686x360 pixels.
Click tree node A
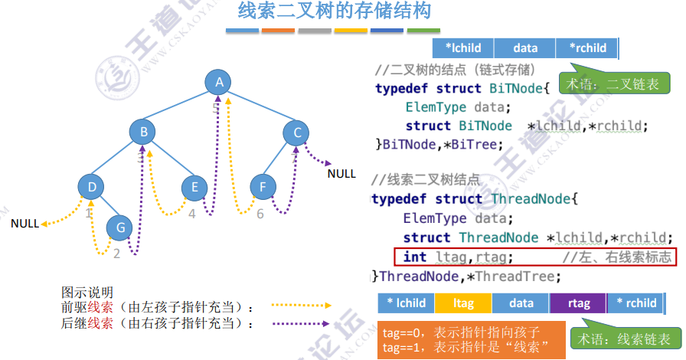tap(220, 83)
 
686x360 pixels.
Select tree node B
tap(143, 132)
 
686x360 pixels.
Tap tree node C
tap(297, 133)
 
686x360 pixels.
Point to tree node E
tap(195, 187)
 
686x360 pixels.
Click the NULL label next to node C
tap(341, 174)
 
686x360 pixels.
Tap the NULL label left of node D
tap(24, 224)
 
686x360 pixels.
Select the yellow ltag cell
tap(463, 303)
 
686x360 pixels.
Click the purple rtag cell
tap(579, 303)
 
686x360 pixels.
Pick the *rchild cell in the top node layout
tap(587, 48)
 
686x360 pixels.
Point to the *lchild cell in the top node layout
tap(463, 48)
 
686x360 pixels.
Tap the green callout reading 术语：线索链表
tap(625, 339)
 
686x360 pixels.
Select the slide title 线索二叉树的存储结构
tap(335, 11)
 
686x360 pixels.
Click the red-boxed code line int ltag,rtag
tap(535, 257)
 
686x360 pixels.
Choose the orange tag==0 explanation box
tap(471, 340)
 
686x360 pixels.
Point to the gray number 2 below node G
tap(116, 253)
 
